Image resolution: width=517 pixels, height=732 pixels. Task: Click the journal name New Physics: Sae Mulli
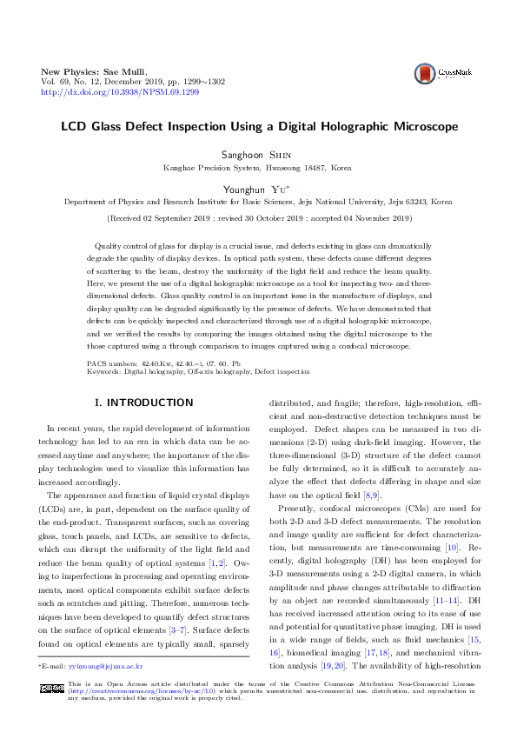95,70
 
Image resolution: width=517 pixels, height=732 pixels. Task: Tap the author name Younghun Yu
257,187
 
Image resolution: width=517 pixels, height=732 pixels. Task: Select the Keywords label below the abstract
105,371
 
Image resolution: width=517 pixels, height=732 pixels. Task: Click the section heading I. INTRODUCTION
143,403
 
